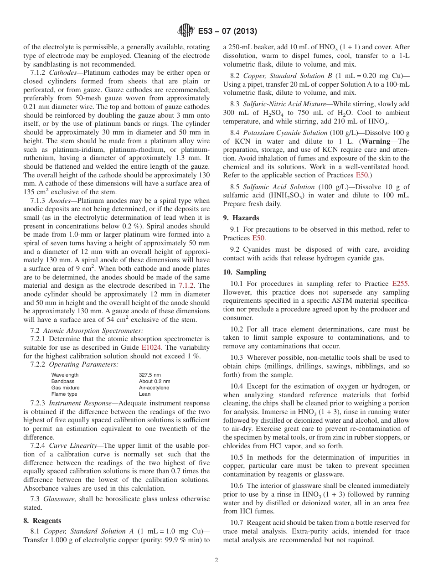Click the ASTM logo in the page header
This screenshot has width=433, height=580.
tap(186, 31)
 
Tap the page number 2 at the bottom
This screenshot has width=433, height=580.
tap(216, 560)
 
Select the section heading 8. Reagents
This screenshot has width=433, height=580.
tap(42, 520)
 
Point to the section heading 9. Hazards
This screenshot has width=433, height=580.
tap(241, 218)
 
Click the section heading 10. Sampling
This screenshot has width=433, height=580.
tap(245, 272)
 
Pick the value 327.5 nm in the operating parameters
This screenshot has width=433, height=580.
tap(150, 375)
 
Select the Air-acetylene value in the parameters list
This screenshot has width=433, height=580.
tap(154, 388)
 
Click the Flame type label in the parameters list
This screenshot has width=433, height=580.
tap(64, 394)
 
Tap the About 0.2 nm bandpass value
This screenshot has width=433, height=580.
tap(155, 381)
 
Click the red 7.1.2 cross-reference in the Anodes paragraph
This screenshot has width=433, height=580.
tap(187, 285)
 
